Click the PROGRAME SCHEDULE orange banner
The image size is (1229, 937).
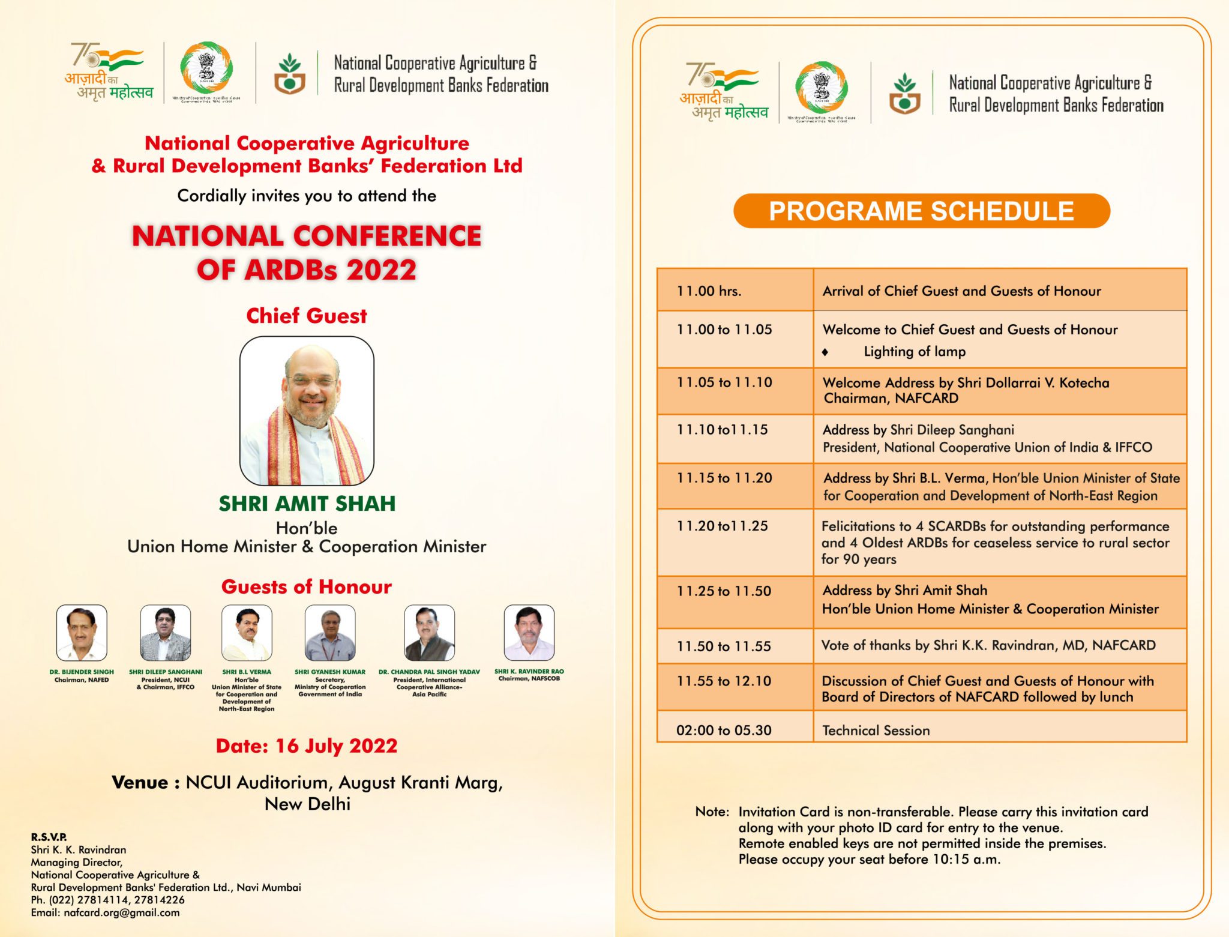(921, 211)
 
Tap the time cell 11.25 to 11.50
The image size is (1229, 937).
(724, 591)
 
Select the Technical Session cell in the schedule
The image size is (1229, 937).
(876, 731)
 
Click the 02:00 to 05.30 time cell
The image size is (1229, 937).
(724, 731)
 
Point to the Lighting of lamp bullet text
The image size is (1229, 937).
(914, 352)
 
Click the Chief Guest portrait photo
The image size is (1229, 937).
(307, 411)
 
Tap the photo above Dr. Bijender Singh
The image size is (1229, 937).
(82, 633)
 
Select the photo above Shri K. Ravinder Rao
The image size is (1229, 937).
(529, 633)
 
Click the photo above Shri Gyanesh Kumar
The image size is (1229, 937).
(330, 633)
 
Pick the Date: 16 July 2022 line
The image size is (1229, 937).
(307, 746)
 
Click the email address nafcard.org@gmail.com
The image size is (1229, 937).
(121, 912)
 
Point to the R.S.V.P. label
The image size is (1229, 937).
(49, 837)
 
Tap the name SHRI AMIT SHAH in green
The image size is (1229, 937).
(307, 504)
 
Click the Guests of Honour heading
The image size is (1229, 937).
(307, 587)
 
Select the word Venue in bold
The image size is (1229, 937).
(140, 783)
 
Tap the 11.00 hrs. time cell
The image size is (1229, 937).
(709, 291)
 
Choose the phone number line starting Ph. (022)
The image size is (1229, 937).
(108, 900)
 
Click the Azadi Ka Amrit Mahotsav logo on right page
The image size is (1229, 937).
(723, 92)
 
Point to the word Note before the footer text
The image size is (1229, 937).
(711, 812)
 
